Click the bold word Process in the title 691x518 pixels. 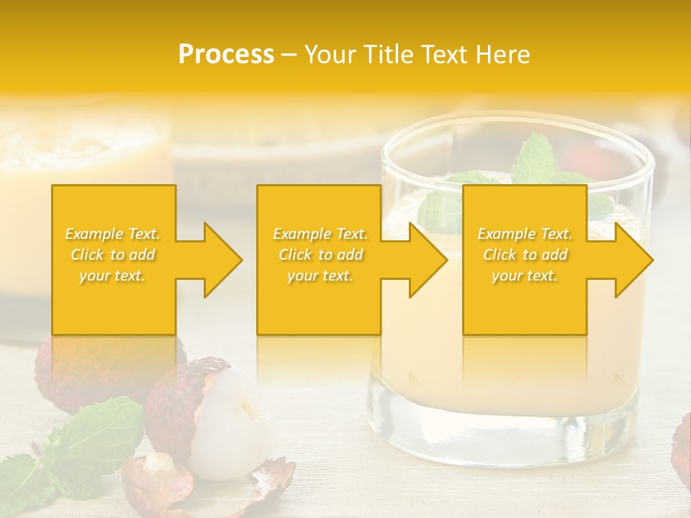click(x=226, y=55)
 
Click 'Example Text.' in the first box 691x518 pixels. click(x=113, y=234)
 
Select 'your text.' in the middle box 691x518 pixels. click(x=320, y=276)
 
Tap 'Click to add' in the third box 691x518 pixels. click(x=525, y=255)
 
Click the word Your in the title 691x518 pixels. click(x=332, y=55)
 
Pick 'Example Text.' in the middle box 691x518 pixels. click(x=320, y=234)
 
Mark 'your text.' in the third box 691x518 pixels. click(x=525, y=276)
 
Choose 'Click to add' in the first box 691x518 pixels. click(x=113, y=255)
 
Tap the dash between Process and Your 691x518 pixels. click(x=289, y=55)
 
